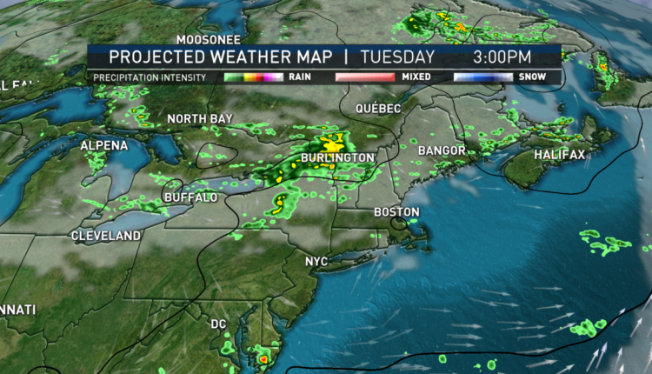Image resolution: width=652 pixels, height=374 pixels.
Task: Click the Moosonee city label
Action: tap(209, 39)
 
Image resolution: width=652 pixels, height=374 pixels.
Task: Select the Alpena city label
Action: tap(104, 145)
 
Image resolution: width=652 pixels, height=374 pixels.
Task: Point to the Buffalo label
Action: tap(190, 197)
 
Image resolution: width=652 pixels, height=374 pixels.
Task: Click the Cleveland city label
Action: tap(106, 236)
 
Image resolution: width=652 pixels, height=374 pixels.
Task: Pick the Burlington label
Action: tap(337, 157)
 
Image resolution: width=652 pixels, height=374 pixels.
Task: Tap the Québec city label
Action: tap(378, 108)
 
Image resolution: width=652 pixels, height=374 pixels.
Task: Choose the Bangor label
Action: tap(442, 150)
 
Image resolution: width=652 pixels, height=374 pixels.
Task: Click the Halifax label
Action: tap(558, 154)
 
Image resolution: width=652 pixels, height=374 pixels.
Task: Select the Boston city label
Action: tap(396, 212)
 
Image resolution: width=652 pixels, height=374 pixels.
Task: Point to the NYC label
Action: tap(316, 261)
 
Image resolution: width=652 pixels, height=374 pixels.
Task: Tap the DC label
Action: tap(218, 324)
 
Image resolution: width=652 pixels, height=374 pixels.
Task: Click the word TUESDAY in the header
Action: tap(396, 57)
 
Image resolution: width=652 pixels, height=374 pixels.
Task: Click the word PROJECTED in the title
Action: tap(154, 57)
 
